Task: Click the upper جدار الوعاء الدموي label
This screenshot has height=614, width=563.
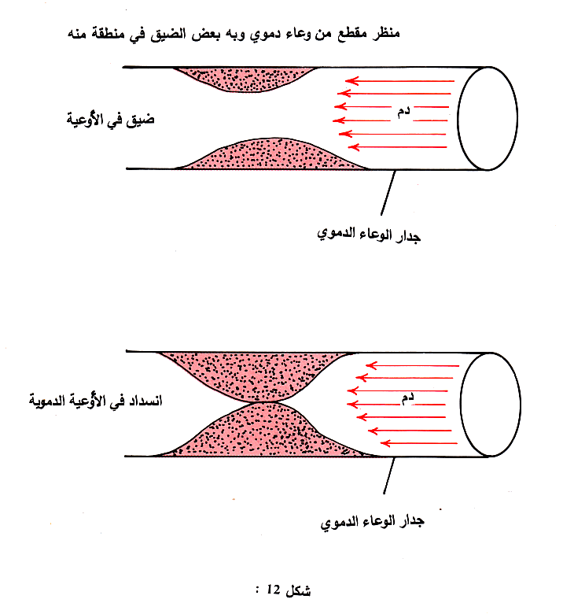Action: point(369,234)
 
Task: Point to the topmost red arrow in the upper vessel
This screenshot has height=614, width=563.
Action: point(401,80)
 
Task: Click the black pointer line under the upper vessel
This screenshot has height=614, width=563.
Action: point(386,193)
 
